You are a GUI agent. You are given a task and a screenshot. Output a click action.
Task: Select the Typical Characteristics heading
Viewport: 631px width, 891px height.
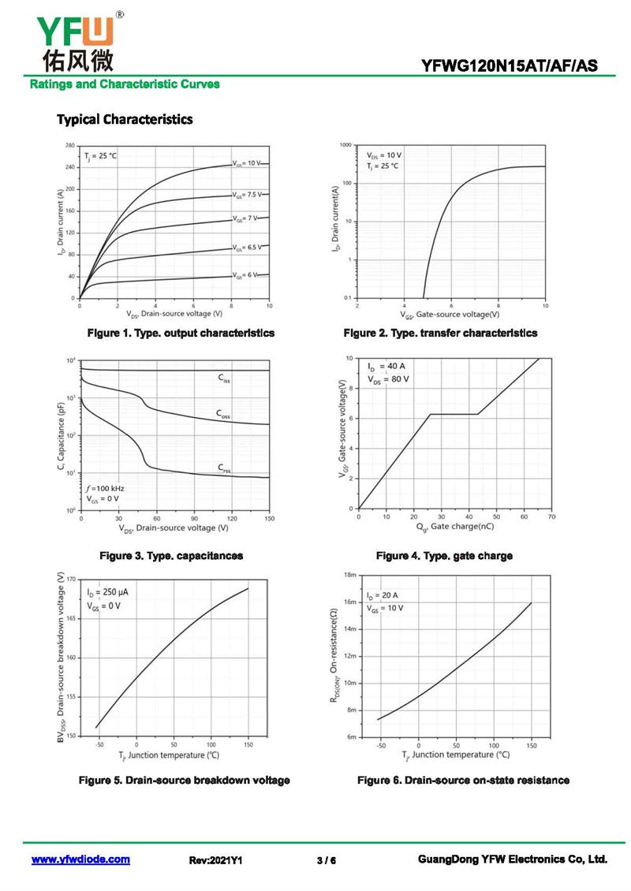pos(125,120)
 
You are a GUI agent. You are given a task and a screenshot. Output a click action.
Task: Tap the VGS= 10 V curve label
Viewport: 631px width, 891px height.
pos(246,163)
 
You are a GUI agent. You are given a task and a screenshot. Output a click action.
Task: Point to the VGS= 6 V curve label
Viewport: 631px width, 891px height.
pos(245,275)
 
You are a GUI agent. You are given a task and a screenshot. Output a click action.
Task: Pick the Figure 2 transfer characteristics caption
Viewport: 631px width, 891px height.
pos(440,334)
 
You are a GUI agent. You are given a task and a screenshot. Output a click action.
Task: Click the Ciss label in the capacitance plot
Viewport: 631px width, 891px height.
pos(225,378)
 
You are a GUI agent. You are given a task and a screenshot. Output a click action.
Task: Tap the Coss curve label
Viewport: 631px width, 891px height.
pos(224,413)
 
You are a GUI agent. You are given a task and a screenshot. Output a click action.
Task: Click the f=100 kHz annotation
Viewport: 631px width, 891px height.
pos(105,488)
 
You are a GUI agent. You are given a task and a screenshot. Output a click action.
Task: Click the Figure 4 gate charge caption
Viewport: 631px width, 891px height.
pos(444,556)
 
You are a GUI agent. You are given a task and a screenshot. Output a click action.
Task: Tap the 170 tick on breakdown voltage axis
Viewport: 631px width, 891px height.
pos(70,580)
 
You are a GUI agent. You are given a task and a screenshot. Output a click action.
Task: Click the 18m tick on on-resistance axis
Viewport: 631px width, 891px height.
pos(351,576)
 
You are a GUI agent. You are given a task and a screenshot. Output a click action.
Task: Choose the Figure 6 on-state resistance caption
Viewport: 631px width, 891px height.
pos(463,781)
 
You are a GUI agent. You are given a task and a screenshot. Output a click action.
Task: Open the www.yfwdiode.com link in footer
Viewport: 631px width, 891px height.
pos(80,860)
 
